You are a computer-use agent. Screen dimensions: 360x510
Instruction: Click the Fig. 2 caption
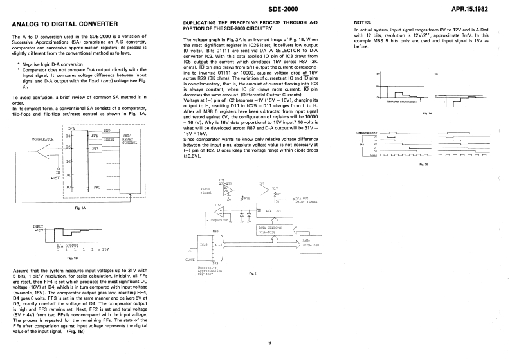click(253, 273)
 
